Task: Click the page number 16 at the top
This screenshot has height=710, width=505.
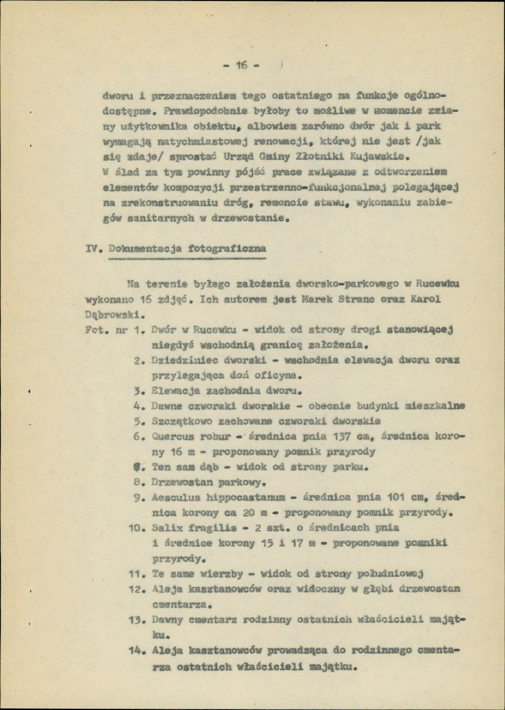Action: pyautogui.click(x=241, y=66)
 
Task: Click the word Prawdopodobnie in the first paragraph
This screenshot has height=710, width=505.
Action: pyautogui.click(x=198, y=111)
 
